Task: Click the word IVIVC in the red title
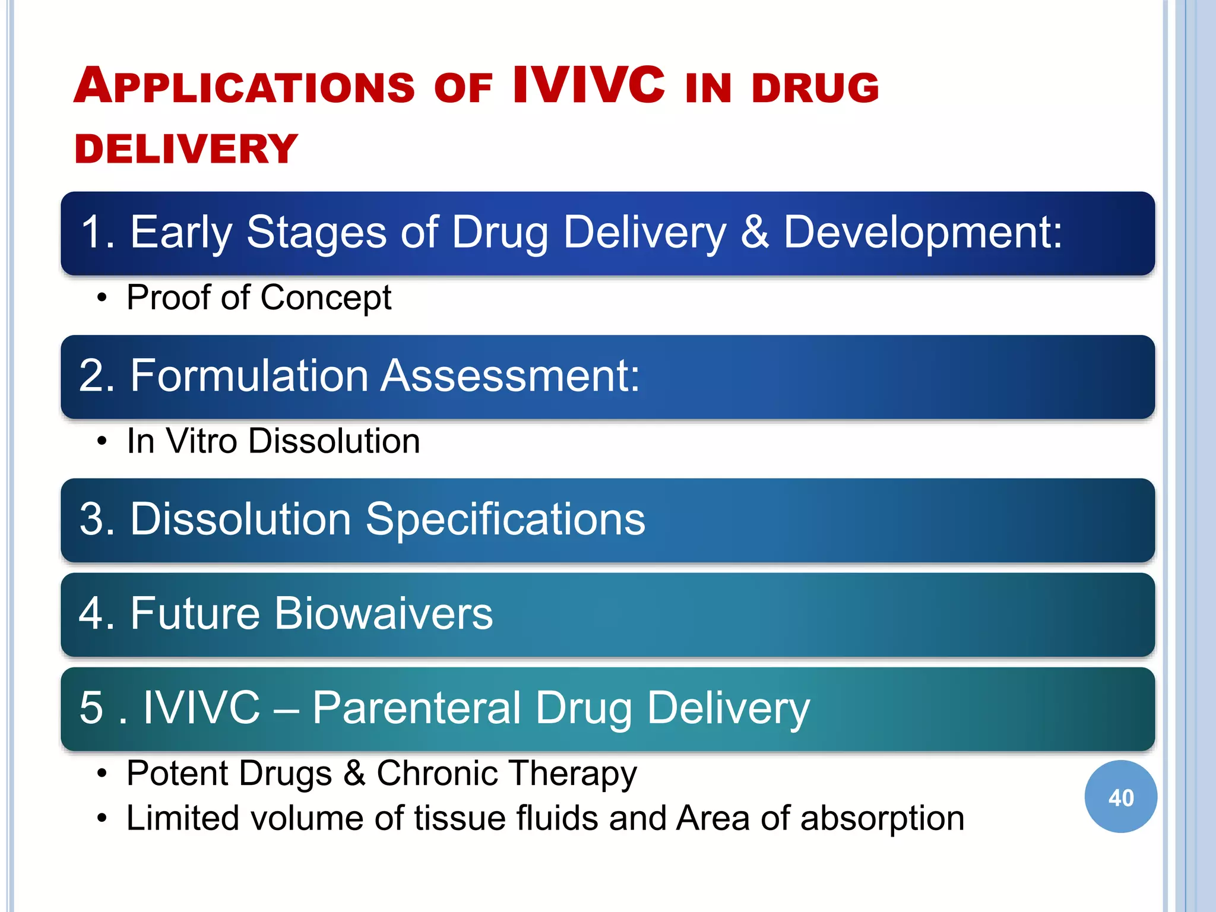coord(588,85)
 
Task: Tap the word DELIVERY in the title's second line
coord(186,149)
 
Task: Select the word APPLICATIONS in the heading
coord(244,87)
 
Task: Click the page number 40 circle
coord(1120,797)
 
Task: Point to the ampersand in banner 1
coord(755,232)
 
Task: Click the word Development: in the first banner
coord(923,232)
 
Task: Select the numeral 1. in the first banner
coord(97,232)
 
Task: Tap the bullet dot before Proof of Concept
coord(103,297)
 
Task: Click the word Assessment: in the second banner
coord(511,375)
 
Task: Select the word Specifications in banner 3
coord(505,519)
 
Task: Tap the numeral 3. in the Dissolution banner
coord(97,519)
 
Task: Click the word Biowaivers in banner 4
coord(383,613)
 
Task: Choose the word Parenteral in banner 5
coord(416,708)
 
